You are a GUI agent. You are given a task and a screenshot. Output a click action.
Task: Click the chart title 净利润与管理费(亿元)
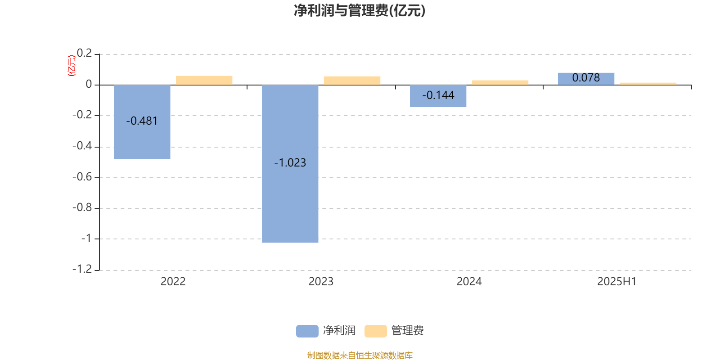[360, 11]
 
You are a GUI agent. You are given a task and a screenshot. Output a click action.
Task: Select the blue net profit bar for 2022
[142, 122]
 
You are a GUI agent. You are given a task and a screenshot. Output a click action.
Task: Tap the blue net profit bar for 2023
[290, 164]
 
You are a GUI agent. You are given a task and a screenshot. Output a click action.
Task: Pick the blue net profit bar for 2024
[438, 96]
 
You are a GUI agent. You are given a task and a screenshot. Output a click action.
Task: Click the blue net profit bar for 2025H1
[586, 79]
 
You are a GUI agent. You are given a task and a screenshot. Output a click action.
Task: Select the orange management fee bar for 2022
[204, 81]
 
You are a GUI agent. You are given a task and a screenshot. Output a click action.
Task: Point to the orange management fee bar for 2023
[352, 81]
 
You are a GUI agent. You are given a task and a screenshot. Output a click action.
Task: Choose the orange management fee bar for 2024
[500, 83]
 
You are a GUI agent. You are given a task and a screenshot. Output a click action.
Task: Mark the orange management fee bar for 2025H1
[648, 84]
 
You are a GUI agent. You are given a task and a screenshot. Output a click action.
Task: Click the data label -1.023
[290, 162]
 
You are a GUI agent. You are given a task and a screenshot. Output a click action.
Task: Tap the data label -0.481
[142, 121]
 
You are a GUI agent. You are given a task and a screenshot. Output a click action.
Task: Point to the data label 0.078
[586, 77]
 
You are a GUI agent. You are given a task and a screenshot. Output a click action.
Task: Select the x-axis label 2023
[321, 282]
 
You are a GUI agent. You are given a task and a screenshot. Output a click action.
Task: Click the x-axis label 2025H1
[617, 282]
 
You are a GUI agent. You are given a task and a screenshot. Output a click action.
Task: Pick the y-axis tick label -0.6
[82, 177]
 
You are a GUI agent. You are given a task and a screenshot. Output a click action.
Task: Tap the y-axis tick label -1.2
[82, 269]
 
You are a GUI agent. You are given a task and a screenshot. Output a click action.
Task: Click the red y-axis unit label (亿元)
[72, 66]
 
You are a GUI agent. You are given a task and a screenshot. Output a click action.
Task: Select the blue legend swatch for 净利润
[307, 331]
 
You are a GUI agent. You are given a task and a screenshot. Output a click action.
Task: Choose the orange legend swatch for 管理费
[375, 331]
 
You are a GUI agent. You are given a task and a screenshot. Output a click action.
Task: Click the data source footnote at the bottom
[360, 355]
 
